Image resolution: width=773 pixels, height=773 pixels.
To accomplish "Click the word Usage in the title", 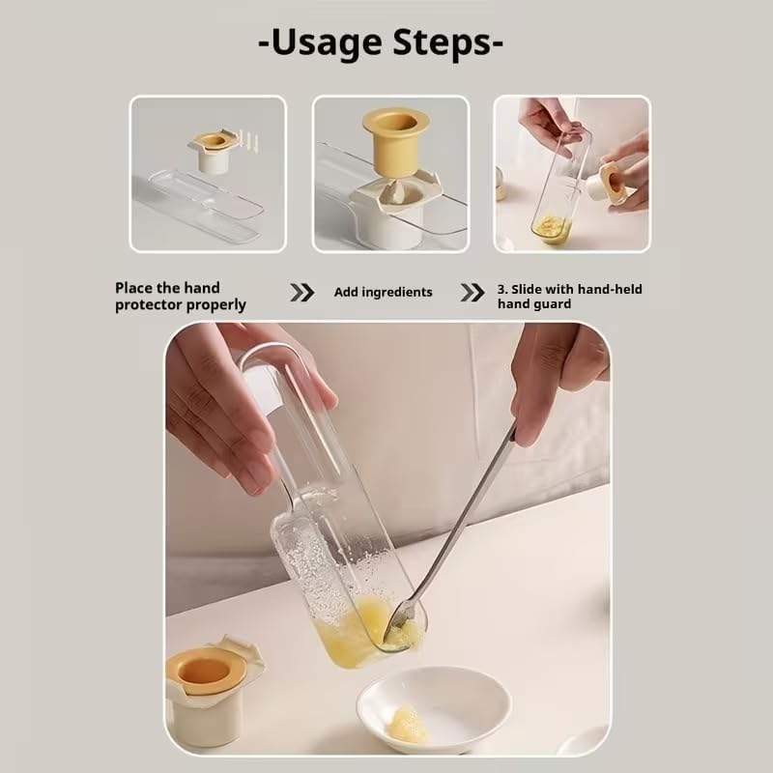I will click(x=325, y=43).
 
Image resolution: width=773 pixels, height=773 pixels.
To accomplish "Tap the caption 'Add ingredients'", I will click(x=383, y=292).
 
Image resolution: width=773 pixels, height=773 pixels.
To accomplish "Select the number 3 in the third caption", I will click(x=501, y=289).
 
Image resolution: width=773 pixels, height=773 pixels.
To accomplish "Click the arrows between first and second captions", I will click(x=302, y=292).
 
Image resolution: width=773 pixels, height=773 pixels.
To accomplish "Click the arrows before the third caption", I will click(x=472, y=292).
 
